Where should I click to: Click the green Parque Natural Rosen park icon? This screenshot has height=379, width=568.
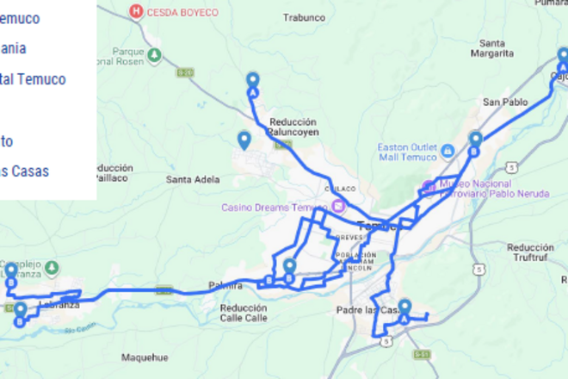(154, 56)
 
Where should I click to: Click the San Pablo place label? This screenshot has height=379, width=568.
(504, 102)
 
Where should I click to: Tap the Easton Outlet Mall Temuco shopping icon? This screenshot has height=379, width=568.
(448, 152)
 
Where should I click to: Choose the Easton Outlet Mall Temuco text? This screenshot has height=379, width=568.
(407, 152)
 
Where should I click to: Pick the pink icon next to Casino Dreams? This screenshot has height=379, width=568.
(338, 206)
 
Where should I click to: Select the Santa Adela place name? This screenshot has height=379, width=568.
(194, 179)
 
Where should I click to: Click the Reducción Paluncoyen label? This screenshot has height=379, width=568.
(294, 127)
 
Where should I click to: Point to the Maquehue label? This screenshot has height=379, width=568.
(145, 357)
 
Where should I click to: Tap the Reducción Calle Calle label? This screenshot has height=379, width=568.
(244, 313)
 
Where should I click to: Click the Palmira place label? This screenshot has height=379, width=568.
(222, 285)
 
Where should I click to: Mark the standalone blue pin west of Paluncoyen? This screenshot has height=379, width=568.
(244, 139)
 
